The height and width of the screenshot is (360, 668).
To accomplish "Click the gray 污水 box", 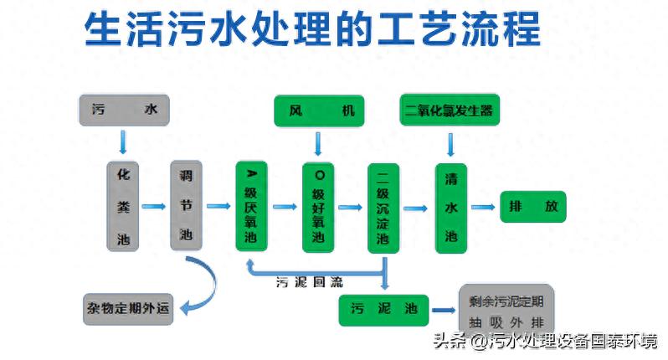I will coord(124,110).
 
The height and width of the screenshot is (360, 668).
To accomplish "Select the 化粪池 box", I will coord(124,205).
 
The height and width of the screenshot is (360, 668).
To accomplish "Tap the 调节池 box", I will coord(186,205).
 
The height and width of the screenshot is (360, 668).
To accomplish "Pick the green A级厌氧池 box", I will coord(252,206).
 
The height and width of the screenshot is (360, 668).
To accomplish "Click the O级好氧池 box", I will coord(318,206).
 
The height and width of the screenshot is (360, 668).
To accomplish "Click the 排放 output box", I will coord(533,207).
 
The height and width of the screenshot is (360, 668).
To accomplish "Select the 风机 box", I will coord(321,111).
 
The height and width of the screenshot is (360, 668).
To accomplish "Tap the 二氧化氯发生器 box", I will coord(450,111).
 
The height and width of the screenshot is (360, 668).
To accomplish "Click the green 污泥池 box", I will coord(384,310).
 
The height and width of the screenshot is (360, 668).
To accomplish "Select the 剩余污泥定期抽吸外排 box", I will coord(506,309).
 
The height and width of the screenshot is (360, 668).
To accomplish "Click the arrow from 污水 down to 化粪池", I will coord(124,141).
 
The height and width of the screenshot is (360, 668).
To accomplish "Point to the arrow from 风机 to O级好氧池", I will coord(318,143).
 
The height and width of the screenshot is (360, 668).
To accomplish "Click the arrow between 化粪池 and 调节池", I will coord(153,206).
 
